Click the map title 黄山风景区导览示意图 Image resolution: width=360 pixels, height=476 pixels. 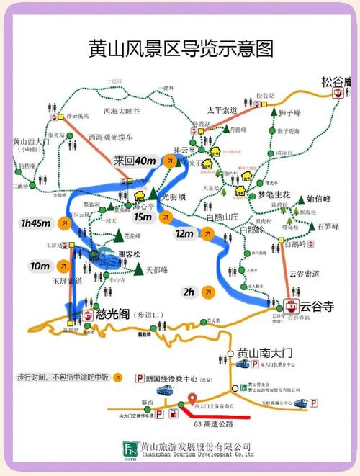(180, 49)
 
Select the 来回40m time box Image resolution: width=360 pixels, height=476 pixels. (135, 160)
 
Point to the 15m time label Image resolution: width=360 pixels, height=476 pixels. (143, 216)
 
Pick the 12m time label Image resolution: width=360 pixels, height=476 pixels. (184, 233)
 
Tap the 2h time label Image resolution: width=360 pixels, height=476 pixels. (189, 292)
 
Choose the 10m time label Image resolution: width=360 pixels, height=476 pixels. (40, 266)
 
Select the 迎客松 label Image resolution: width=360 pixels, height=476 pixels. (129, 254)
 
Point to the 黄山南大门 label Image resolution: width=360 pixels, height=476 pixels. (269, 354)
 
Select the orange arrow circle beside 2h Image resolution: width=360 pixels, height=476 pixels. (207, 292)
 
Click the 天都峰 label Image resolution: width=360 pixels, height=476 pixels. (156, 270)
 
